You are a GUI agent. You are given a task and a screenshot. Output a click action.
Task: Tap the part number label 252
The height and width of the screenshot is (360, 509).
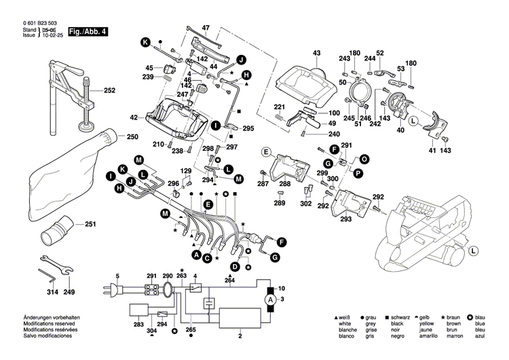(109, 90)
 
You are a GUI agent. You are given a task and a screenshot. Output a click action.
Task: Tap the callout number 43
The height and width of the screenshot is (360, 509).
(316, 53)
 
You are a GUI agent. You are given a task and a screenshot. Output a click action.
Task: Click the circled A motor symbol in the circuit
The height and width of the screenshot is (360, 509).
(269, 299)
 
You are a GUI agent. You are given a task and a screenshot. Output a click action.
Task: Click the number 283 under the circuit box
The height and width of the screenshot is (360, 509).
(138, 325)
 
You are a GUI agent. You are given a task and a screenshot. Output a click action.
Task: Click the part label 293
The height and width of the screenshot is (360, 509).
(346, 219)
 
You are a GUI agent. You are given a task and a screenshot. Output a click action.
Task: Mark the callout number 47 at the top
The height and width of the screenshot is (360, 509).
(206, 28)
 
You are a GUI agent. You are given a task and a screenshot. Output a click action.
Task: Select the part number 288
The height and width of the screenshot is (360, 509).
(285, 184)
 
